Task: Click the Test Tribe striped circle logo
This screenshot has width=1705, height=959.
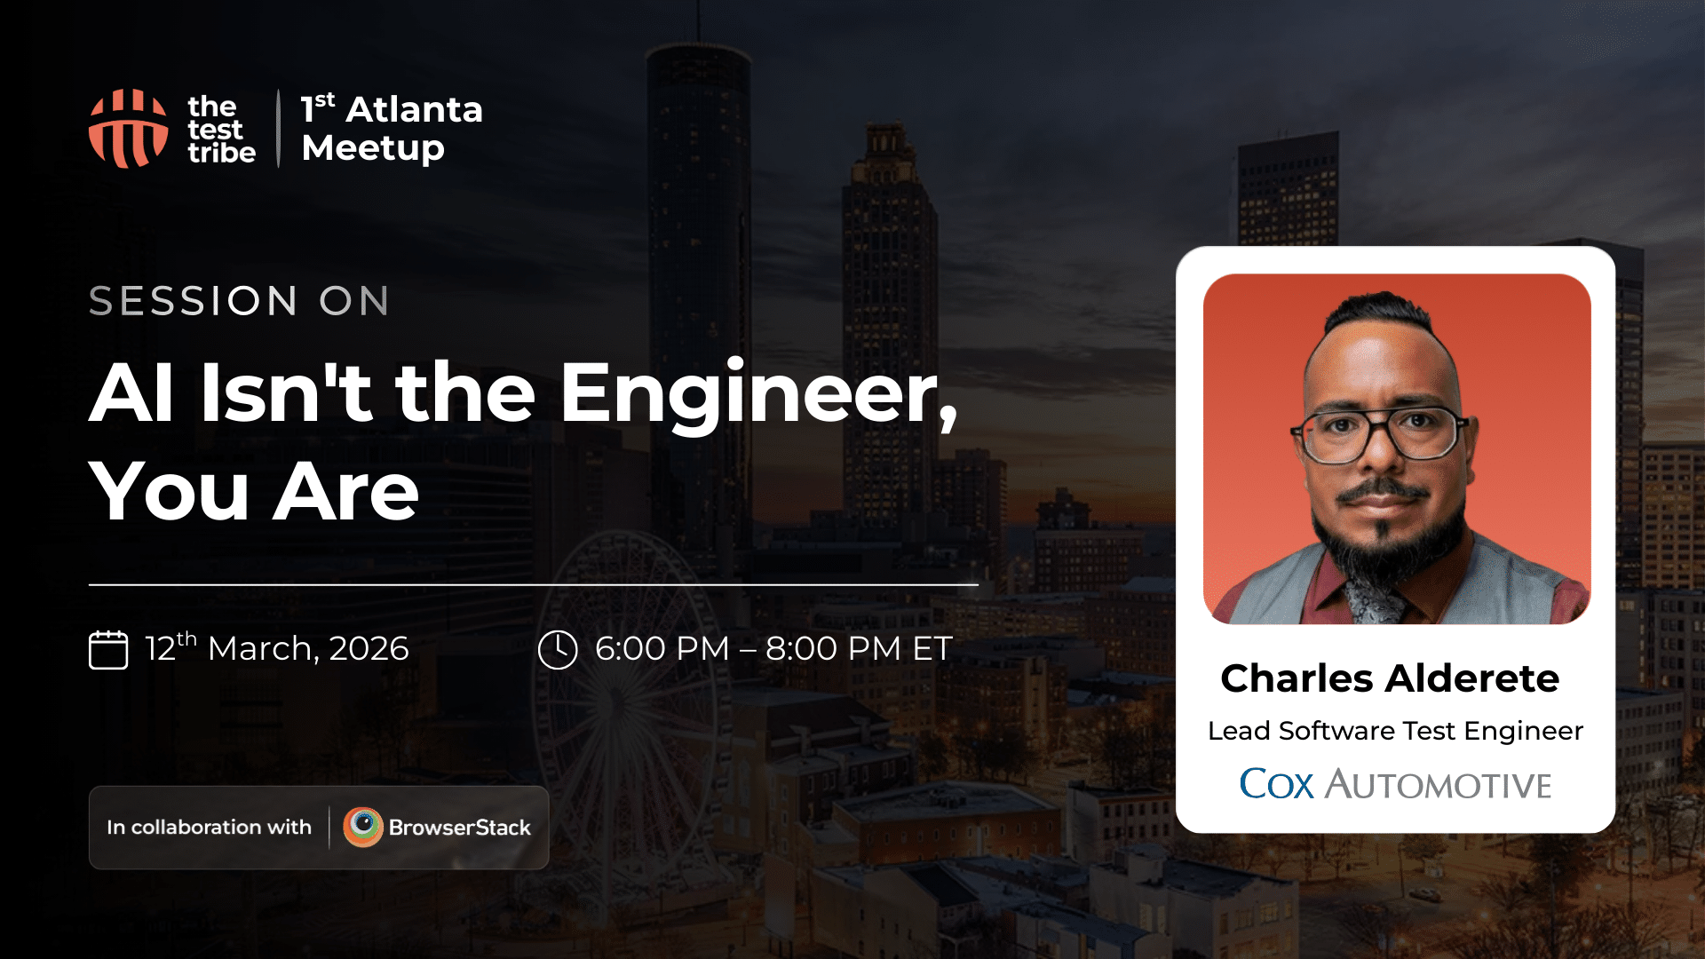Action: click(x=128, y=129)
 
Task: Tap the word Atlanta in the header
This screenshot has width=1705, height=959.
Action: click(x=414, y=110)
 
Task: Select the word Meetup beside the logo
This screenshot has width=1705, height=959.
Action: click(x=373, y=148)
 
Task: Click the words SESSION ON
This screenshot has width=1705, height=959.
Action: click(x=239, y=301)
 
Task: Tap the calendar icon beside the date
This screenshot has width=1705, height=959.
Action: click(x=108, y=649)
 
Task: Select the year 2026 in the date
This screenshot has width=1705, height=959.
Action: click(x=369, y=649)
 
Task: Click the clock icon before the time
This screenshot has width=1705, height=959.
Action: click(x=558, y=649)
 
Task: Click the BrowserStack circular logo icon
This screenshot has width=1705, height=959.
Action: click(x=363, y=827)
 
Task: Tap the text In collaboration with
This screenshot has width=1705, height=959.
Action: click(x=209, y=828)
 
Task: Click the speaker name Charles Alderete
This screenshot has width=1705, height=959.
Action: click(x=1390, y=678)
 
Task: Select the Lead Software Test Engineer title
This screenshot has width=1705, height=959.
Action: click(x=1395, y=731)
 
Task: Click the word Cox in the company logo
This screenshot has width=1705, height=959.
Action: click(x=1276, y=784)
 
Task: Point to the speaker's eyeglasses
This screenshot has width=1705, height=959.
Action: click(x=1381, y=432)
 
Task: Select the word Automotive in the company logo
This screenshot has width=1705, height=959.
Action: click(x=1439, y=785)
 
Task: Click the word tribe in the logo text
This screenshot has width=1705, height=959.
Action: click(x=221, y=153)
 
